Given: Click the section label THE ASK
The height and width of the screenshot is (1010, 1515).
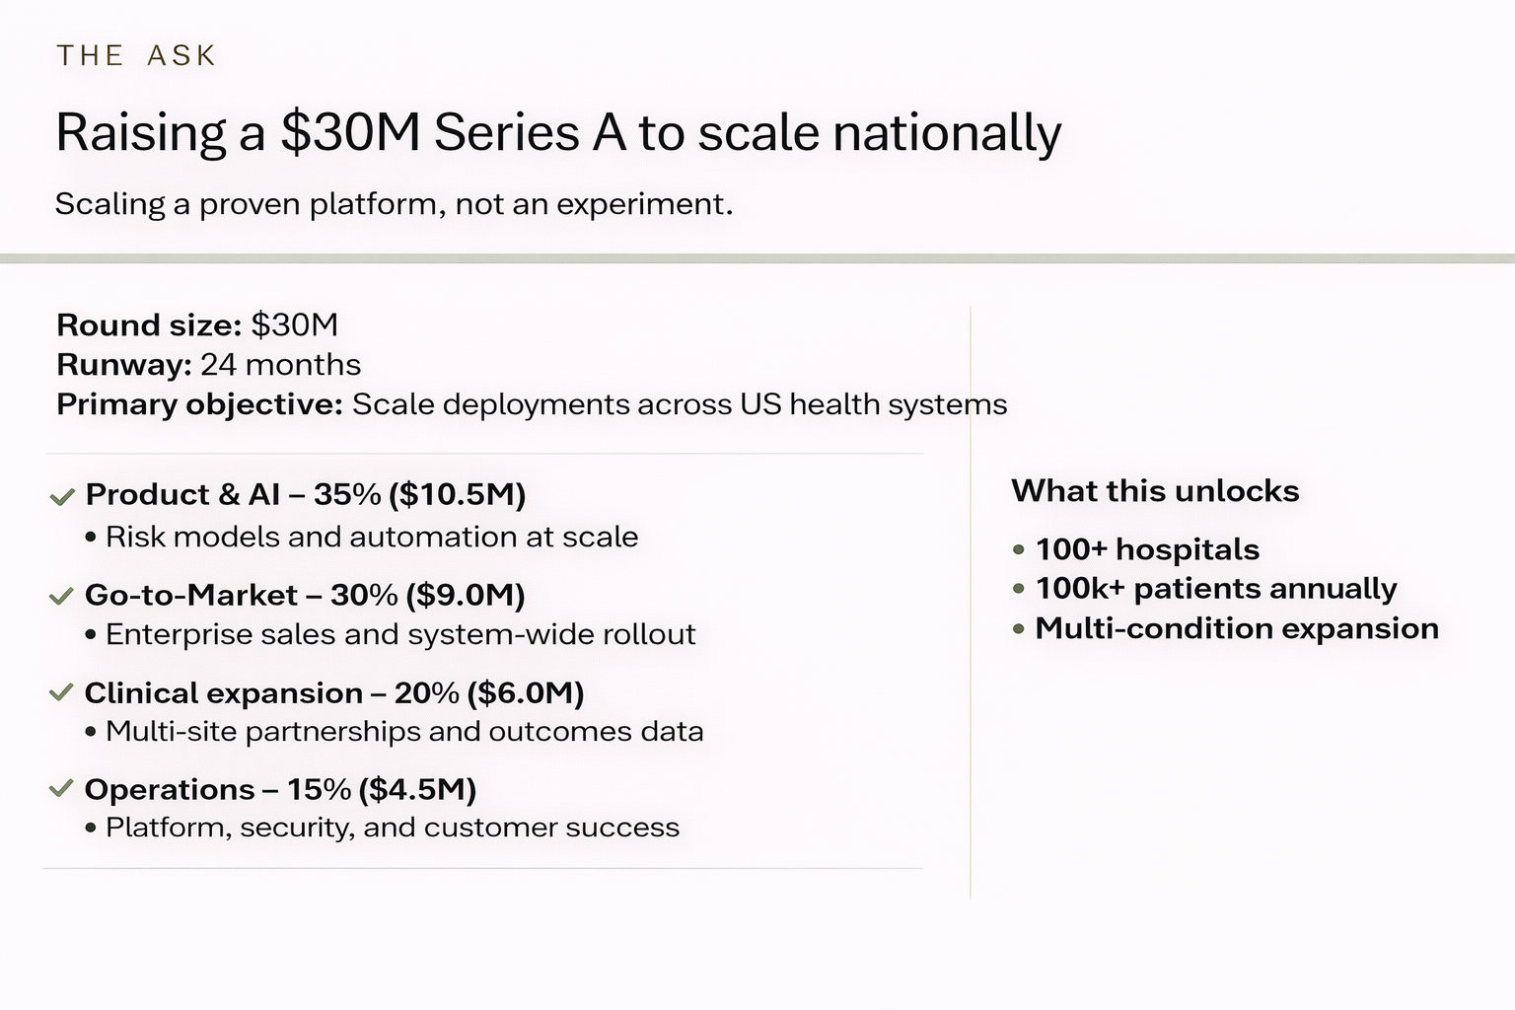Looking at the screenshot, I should point(136,55).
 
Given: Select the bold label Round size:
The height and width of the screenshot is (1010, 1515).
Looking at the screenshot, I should point(149,325).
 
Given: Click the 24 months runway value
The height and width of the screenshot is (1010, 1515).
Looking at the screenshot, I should point(281,365).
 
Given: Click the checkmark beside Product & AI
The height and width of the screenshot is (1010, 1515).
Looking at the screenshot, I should point(62,496).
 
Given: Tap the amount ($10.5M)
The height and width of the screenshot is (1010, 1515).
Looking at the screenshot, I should point(458,494).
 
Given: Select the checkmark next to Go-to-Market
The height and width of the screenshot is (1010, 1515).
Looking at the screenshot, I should point(61,596).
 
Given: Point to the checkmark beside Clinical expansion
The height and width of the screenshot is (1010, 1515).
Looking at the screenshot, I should point(61,692).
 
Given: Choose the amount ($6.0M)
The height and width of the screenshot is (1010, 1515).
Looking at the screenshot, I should point(526,692).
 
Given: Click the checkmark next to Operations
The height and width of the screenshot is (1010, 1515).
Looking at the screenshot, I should point(61,788).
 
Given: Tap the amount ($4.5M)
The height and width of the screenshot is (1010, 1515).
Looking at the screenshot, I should point(417,789).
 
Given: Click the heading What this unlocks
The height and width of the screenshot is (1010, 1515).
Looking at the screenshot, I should point(1155,491).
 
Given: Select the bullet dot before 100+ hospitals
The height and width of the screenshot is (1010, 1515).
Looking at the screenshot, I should point(1019,550).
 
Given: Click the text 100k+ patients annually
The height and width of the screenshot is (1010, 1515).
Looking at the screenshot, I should point(1216,589).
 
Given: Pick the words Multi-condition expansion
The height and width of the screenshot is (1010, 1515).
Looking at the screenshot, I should point(1237,628).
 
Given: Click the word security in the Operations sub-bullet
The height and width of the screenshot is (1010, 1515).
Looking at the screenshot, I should point(296,828).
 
